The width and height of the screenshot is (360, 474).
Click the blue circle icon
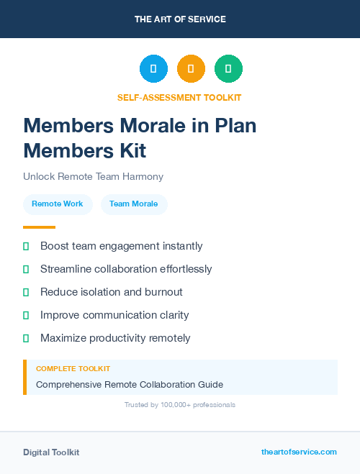click(153, 69)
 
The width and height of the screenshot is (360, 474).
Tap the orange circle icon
click(191, 69)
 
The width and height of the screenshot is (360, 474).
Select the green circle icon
click(228, 69)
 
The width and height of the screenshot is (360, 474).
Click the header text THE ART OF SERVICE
click(180, 19)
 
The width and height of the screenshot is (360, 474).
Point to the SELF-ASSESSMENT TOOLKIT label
click(179, 97)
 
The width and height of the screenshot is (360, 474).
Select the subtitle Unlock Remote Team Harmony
click(93, 176)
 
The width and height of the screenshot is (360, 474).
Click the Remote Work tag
click(58, 204)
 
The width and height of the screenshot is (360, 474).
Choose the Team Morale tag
click(134, 204)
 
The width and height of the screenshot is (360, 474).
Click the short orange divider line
click(39, 227)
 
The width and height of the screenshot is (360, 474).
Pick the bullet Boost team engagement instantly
click(121, 246)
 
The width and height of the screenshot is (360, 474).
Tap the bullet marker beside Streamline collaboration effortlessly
click(26, 270)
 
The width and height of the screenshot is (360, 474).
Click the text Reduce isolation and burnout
click(111, 292)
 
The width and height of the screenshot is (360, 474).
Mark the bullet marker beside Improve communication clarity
click(26, 315)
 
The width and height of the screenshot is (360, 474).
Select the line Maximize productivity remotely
click(115, 338)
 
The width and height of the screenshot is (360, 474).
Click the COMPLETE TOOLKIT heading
click(73, 369)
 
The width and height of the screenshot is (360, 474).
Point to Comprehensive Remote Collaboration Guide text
click(130, 385)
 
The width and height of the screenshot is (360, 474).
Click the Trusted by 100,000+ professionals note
click(180, 405)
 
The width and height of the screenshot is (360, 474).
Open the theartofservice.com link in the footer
click(299, 452)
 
